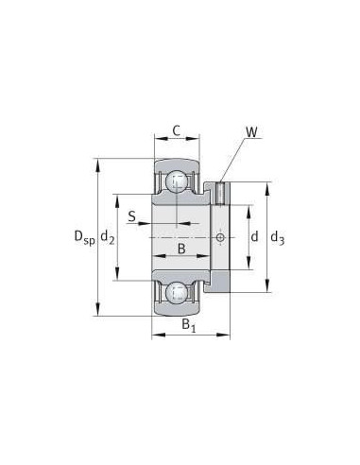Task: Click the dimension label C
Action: point(177,130)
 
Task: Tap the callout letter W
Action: point(251,132)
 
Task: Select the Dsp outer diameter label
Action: point(84,236)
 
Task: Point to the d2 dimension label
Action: point(108,236)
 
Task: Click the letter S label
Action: point(131,216)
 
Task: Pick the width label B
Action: point(181,249)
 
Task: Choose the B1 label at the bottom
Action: point(189,325)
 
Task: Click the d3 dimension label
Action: point(278,237)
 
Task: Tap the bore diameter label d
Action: point(254,236)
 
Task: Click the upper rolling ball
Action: point(177,181)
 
